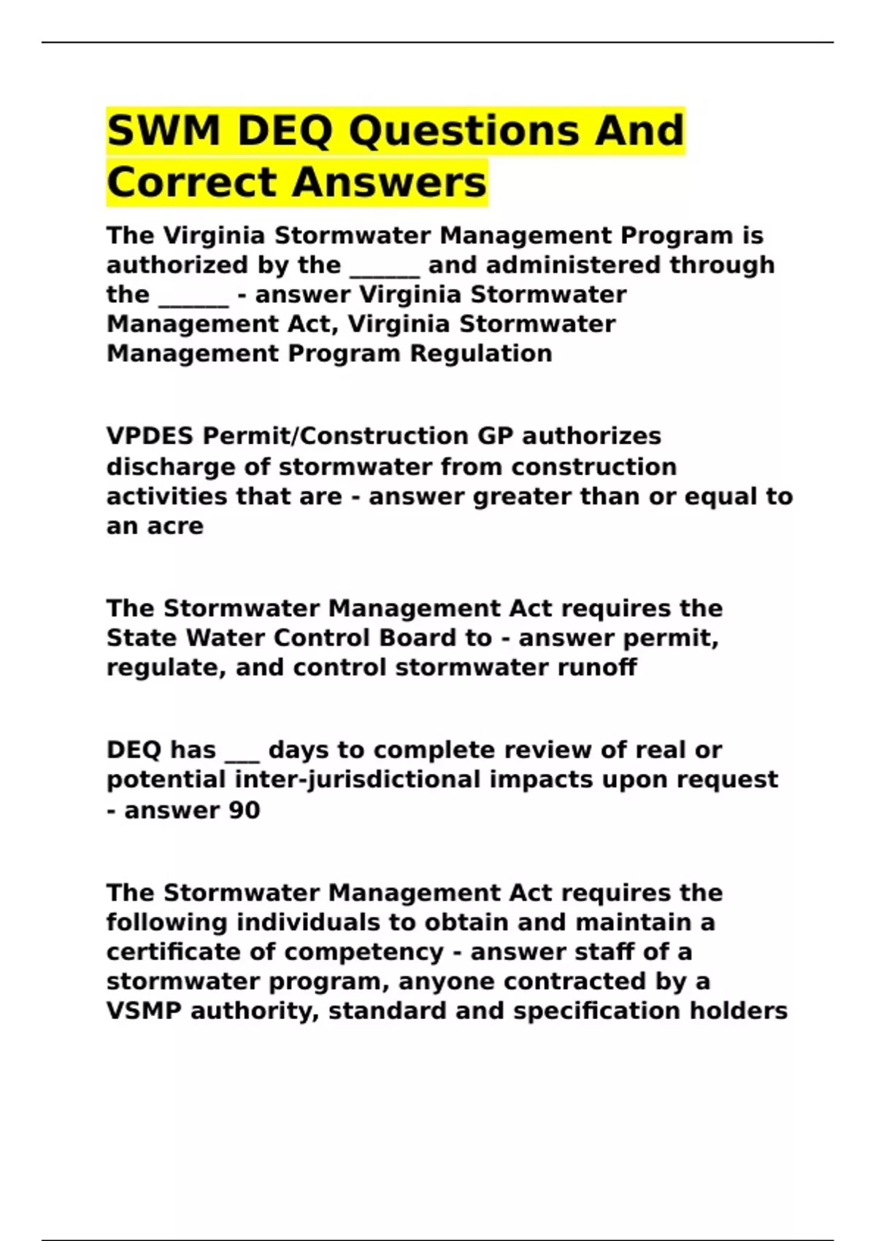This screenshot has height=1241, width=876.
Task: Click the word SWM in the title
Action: pyautogui.click(x=164, y=131)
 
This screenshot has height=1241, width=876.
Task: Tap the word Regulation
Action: pyautogui.click(x=480, y=353)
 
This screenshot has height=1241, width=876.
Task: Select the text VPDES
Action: pyautogui.click(x=150, y=436)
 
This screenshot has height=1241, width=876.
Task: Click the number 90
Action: pyautogui.click(x=244, y=810)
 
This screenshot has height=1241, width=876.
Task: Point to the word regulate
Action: pyautogui.click(x=165, y=667)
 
